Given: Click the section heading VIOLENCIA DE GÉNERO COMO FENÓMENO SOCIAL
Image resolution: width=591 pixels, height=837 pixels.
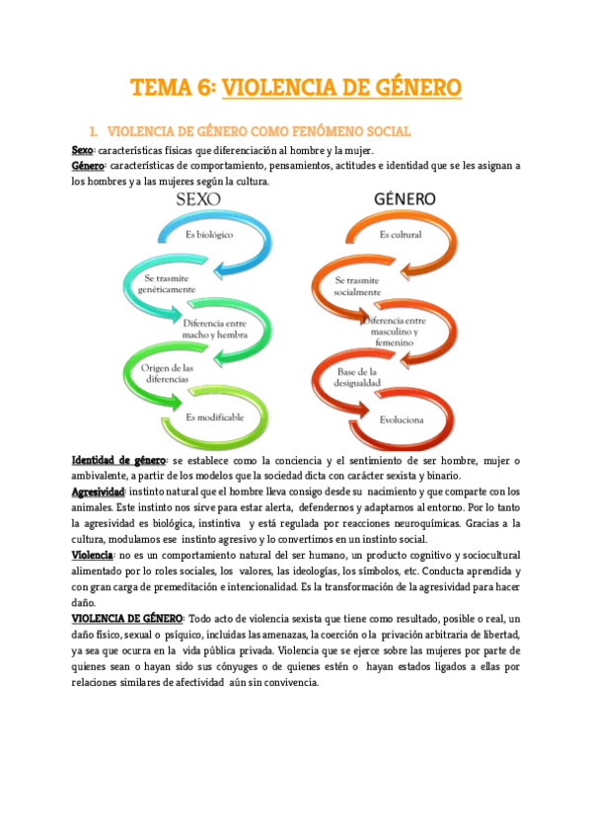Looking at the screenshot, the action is [x=259, y=130].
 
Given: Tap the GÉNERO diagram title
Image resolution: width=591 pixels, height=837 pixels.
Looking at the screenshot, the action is [x=405, y=198].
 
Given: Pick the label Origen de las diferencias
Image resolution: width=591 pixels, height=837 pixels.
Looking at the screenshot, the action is [x=162, y=375].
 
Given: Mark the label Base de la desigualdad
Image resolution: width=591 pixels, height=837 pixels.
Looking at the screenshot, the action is [x=359, y=376].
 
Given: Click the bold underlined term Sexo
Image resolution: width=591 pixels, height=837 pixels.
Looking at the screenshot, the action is [x=82, y=148].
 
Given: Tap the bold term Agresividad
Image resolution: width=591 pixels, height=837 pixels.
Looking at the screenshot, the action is [x=99, y=492].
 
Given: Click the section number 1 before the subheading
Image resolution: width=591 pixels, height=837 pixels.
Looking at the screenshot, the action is [x=92, y=130].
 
